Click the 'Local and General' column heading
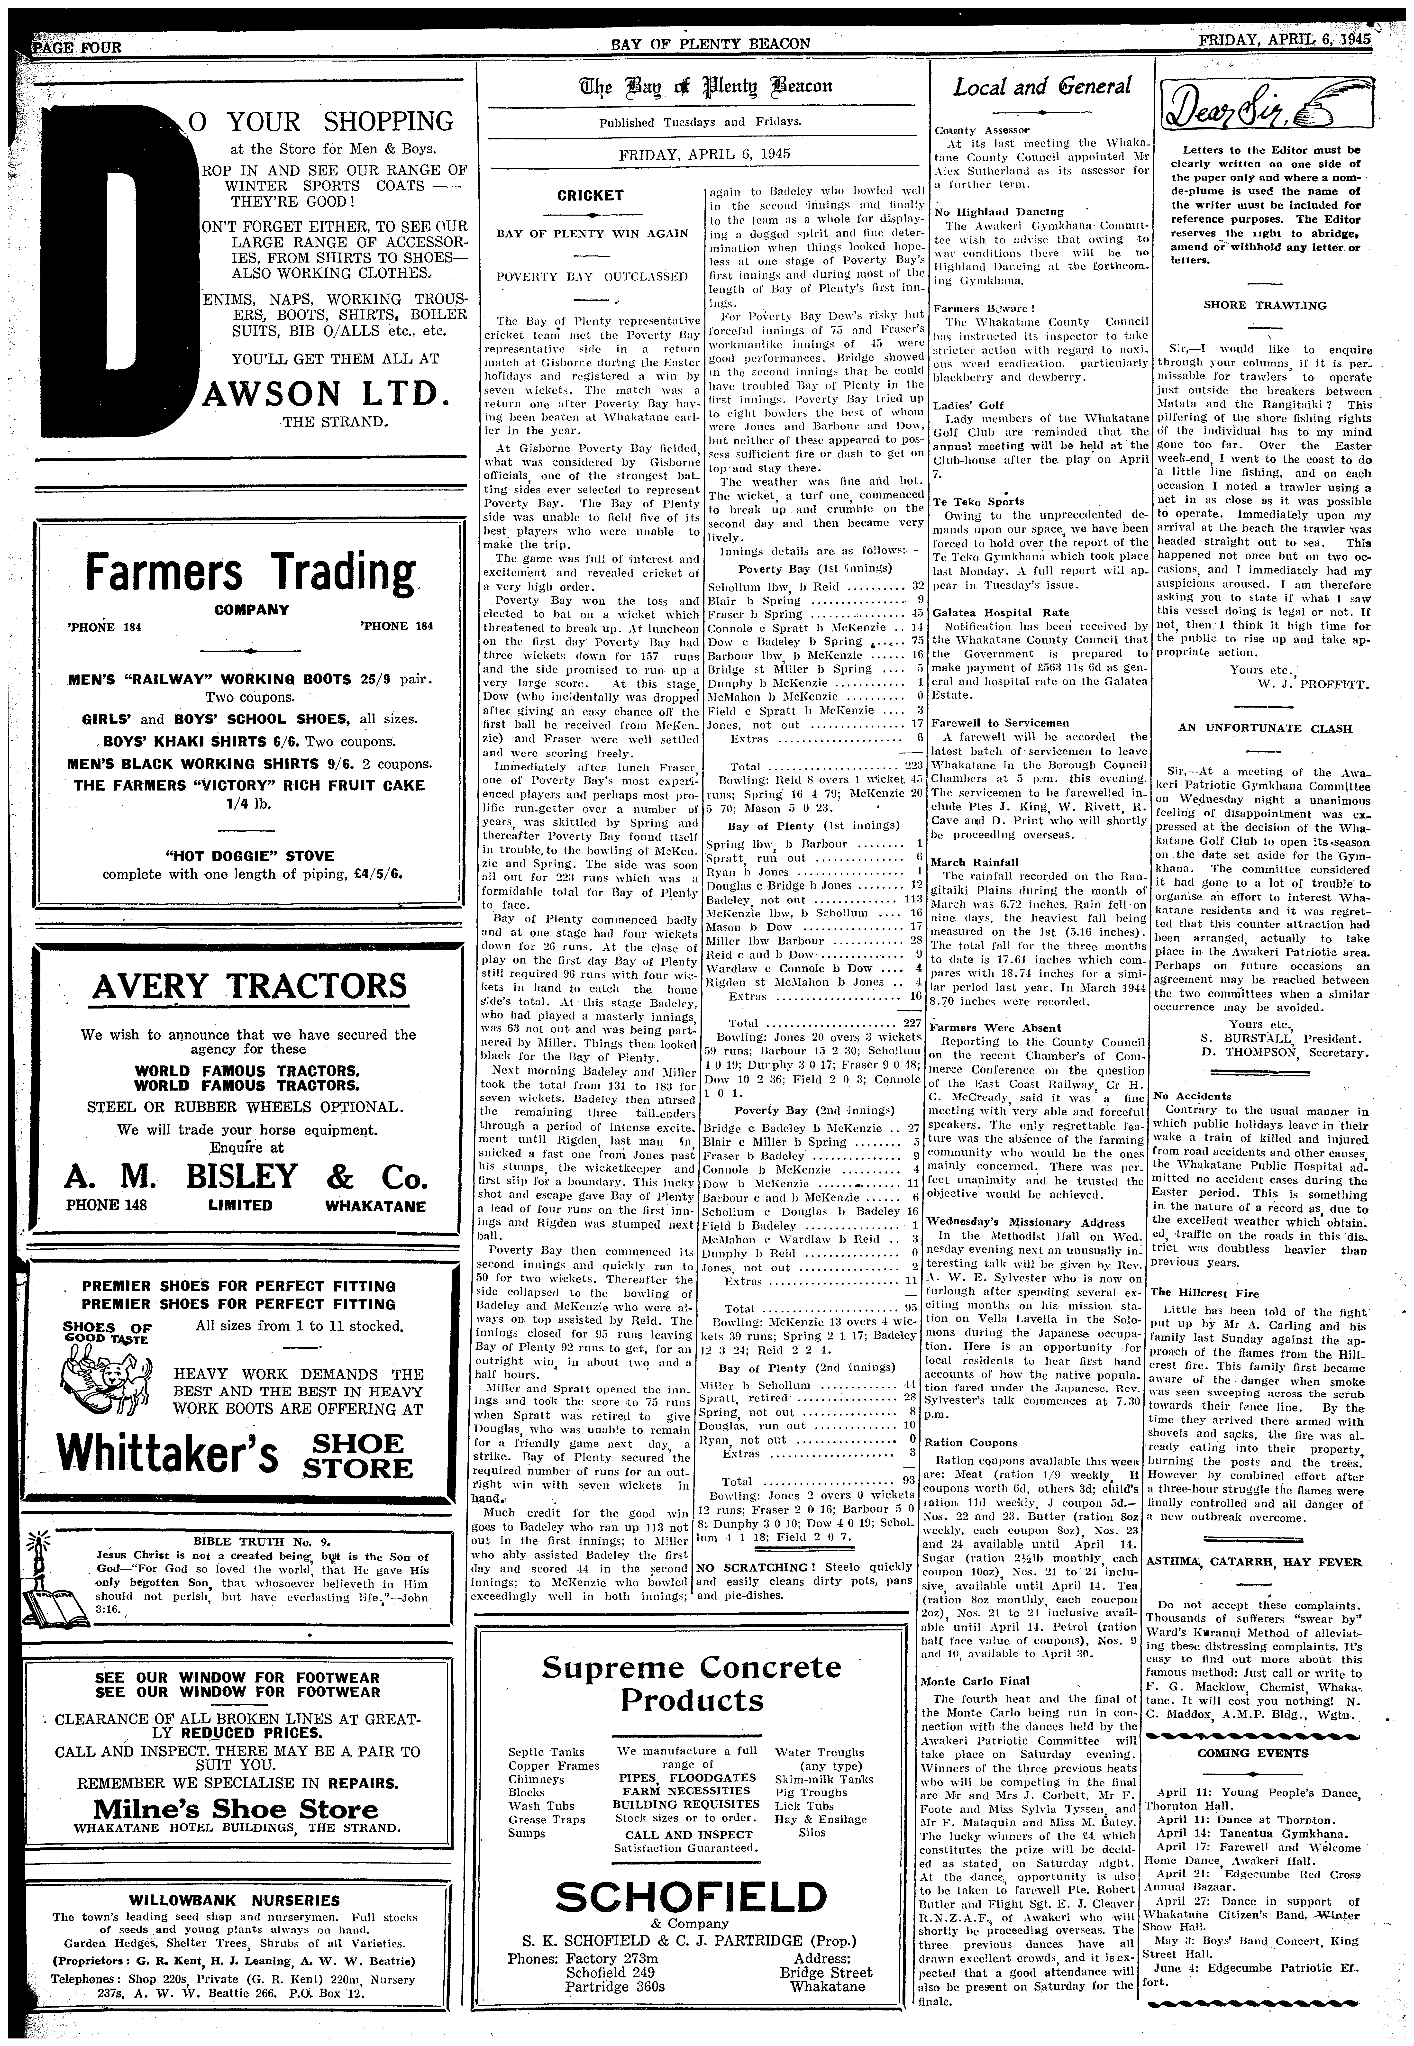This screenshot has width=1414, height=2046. [x=1042, y=87]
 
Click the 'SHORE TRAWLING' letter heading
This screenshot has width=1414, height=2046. [x=1264, y=306]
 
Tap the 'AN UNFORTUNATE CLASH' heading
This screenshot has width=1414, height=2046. [x=1264, y=729]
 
